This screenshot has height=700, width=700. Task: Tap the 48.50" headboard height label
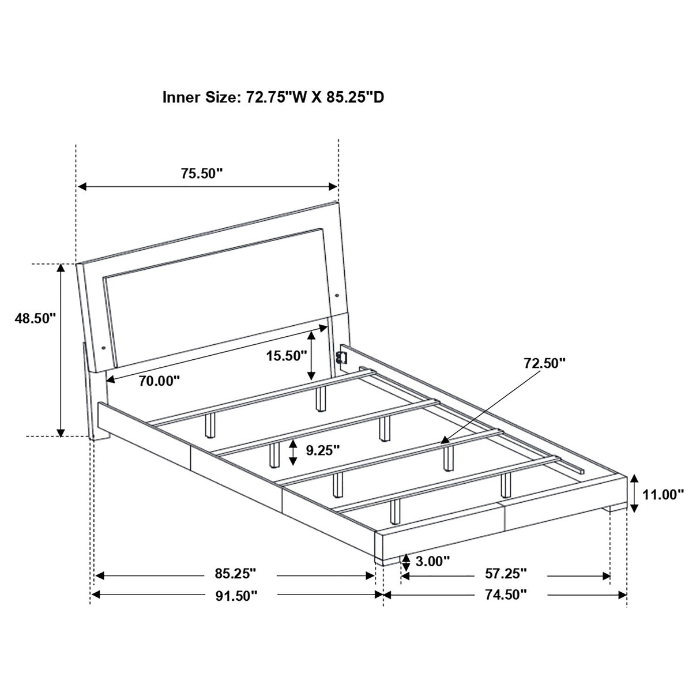35,318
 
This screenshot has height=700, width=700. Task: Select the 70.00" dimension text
159,381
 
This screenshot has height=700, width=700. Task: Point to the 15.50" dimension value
286,356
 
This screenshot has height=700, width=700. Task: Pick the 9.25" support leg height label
323,450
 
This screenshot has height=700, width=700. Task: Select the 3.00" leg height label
432,561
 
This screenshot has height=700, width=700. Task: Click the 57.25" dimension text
506,574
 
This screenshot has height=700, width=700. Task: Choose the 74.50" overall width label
506,595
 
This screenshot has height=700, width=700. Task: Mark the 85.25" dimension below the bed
235,574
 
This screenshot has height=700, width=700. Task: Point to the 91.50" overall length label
235,595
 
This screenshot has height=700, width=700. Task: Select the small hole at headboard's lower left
103,348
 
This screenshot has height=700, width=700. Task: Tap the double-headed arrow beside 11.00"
634,493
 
